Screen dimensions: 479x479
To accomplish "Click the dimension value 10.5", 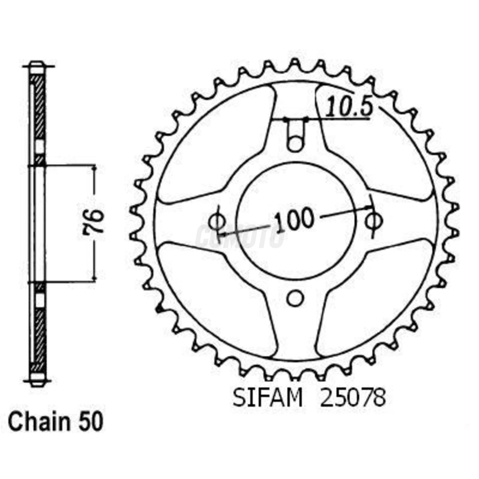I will [348, 106].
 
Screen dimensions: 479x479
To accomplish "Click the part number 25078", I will [353, 398].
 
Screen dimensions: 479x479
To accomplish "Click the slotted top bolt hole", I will [295, 135].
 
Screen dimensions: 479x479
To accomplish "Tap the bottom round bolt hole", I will [295, 298].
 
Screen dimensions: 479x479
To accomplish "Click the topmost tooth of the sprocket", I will [295, 63].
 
